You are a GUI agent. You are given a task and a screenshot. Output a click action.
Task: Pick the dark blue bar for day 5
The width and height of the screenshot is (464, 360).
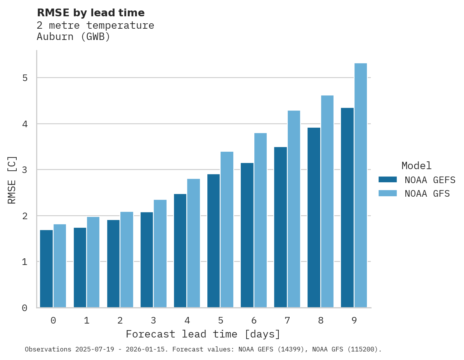point(214,241)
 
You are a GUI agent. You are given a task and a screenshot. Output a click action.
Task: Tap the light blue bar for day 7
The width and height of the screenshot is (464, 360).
point(294,209)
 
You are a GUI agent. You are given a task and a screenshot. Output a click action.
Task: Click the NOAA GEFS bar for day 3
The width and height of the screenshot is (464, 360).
point(147,260)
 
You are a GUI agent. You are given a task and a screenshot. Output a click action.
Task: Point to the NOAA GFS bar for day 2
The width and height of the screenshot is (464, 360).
point(127,260)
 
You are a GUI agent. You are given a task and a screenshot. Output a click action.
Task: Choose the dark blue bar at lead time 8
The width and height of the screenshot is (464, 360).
point(314,217)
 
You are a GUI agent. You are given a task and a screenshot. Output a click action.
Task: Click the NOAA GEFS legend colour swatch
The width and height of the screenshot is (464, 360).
point(388,180)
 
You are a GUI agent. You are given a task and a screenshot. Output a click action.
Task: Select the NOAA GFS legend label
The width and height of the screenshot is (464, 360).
point(427,194)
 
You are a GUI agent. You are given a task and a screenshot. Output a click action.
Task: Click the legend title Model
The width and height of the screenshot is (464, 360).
point(416,166)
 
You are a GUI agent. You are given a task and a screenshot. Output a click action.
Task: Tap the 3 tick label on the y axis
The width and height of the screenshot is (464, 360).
point(25,170)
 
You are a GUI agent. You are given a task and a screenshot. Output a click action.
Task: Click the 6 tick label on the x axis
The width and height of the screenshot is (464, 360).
point(254,320)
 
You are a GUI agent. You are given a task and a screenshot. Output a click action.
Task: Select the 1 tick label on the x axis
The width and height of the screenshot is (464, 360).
point(87,320)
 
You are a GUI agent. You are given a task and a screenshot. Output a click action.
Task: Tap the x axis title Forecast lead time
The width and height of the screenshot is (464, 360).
point(203,334)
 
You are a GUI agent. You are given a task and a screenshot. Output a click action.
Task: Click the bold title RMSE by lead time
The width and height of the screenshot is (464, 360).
point(91,13)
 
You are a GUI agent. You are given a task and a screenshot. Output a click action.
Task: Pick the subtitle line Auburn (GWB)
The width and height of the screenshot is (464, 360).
point(73,37)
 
